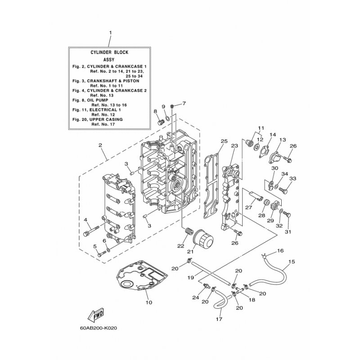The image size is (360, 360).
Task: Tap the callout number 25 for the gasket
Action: (x=224, y=141)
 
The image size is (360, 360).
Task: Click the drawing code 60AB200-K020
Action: (x=98, y=328)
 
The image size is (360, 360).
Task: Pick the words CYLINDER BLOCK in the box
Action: (x=109, y=52)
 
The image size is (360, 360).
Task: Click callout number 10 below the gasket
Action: (x=149, y=302)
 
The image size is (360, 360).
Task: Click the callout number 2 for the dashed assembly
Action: (x=100, y=145)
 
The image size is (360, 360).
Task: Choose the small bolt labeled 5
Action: (x=102, y=254)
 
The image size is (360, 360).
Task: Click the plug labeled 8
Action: (x=160, y=121)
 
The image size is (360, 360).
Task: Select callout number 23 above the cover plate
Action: (x=234, y=145)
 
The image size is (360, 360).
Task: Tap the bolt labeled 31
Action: (x=287, y=216)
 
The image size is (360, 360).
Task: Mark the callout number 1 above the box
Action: (x=110, y=32)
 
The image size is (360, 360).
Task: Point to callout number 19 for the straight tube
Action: (x=191, y=278)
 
